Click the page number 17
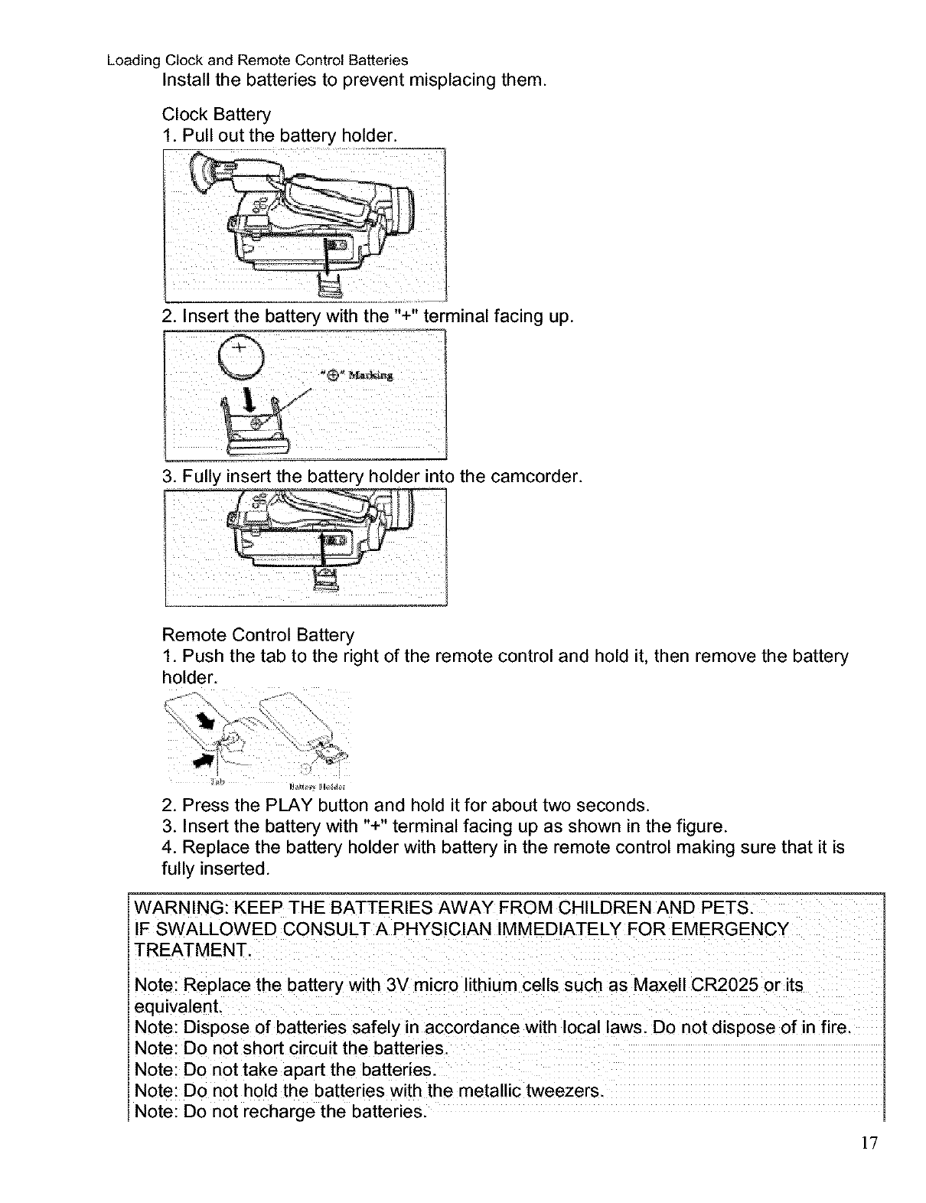(869, 1143)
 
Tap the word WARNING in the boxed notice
(177, 908)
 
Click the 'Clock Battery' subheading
(217, 115)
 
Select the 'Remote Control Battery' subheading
(259, 636)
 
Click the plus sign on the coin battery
(240, 348)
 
